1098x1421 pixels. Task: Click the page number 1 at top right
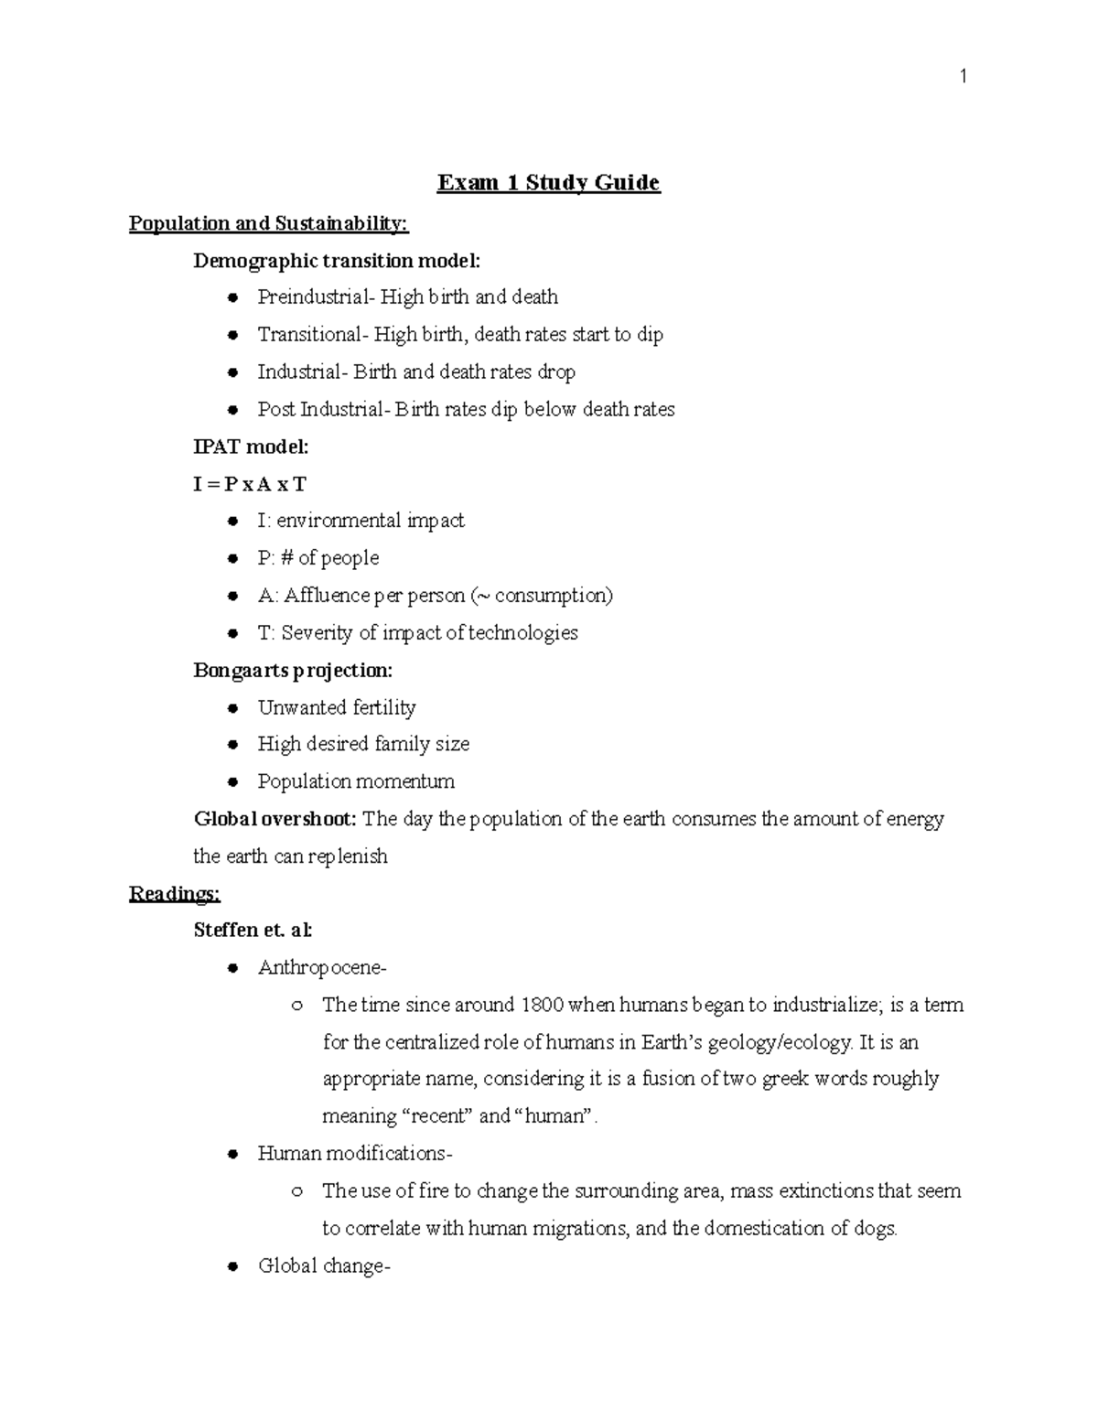[x=963, y=77]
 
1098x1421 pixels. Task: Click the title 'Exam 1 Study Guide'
[x=548, y=183]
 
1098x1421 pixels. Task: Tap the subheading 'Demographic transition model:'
[x=336, y=261]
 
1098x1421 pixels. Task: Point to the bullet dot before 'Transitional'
[x=233, y=335]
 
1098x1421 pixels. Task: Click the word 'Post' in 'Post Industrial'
[x=276, y=410]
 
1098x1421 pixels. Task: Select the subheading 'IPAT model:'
[x=251, y=447]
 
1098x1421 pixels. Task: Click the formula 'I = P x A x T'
[x=249, y=484]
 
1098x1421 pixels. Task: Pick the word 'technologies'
[x=522, y=633]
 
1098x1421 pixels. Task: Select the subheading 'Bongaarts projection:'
[x=293, y=671]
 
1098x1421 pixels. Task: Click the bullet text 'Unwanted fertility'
[x=336, y=708]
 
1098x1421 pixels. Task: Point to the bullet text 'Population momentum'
[x=356, y=782]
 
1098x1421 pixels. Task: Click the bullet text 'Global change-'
[x=324, y=1266]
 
